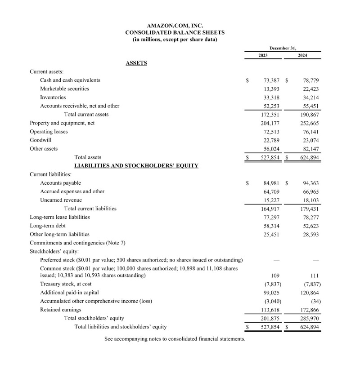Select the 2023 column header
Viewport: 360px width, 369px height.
pyautogui.click(x=263, y=56)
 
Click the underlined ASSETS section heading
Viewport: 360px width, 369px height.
pyautogui.click(x=136, y=63)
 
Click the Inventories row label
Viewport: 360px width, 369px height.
pyautogui.click(x=53, y=98)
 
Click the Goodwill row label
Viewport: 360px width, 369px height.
pyautogui.click(x=40, y=140)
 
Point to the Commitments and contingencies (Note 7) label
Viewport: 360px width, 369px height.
pyautogui.click(x=77, y=243)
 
